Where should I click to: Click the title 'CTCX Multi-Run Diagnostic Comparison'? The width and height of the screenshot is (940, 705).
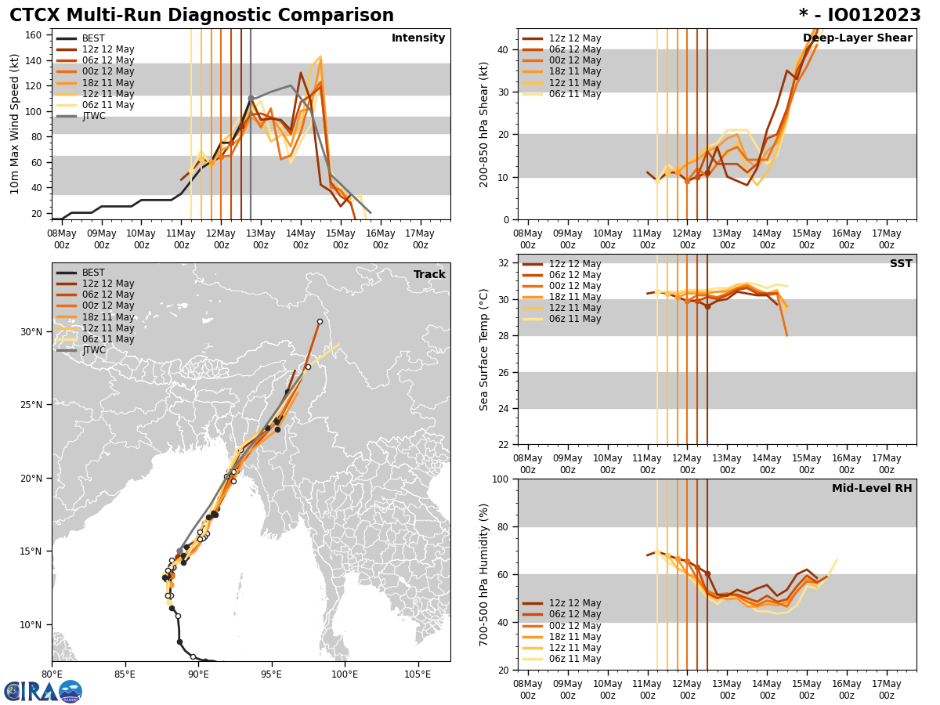click(201, 16)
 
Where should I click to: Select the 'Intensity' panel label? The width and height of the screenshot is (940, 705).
click(418, 38)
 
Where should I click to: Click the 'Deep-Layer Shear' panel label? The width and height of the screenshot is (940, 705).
click(857, 38)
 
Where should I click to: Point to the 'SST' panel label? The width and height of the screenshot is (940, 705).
click(900, 264)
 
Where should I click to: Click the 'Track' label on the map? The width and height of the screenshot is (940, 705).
click(429, 275)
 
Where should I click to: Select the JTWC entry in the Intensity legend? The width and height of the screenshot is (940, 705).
click(93, 116)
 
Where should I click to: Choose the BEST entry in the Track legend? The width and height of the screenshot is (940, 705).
click(93, 273)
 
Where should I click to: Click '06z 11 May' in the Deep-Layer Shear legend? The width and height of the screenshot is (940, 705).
click(575, 94)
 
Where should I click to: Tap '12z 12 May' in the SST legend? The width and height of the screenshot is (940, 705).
click(575, 264)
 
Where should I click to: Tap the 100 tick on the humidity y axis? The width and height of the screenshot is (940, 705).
click(501, 479)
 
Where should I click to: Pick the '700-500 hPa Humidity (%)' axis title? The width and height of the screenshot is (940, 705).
click(484, 574)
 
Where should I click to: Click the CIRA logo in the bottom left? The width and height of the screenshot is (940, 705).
click(43, 692)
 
